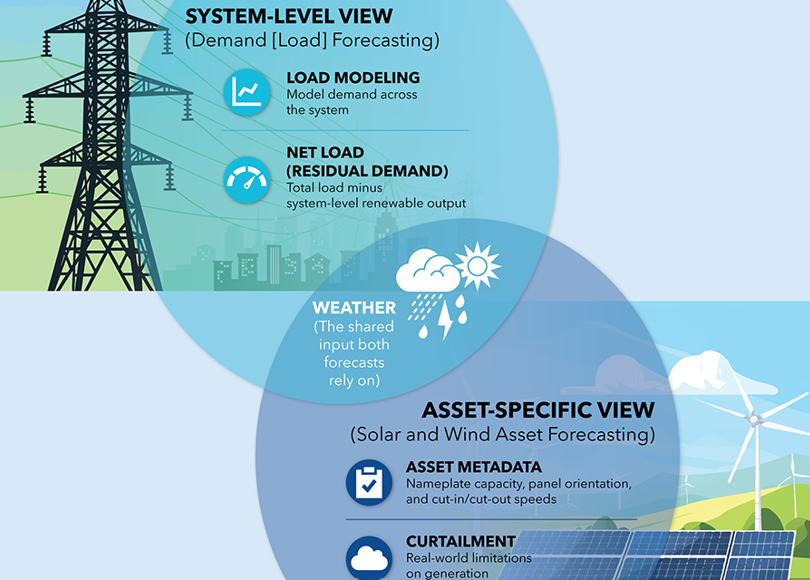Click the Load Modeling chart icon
[246, 91]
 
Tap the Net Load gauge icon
[246, 178]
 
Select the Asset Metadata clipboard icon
[369, 481]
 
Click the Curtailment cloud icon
[369, 557]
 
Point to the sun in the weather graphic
[476, 265]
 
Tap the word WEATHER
[354, 308]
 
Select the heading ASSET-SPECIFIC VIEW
[538, 410]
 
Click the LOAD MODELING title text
[353, 78]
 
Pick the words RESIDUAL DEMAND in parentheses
[366, 171]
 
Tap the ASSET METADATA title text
[474, 467]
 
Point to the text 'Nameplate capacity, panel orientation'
[518, 484]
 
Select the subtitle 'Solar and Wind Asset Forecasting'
[503, 435]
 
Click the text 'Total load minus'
[330, 187]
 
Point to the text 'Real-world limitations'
[469, 558]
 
